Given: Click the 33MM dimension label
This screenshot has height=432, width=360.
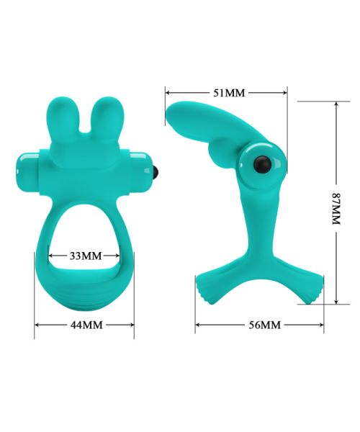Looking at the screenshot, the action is coord(86,256).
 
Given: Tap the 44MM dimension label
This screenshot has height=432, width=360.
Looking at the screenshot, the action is coord(86,325).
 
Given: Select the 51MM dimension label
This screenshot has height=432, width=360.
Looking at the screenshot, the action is coord(229,93).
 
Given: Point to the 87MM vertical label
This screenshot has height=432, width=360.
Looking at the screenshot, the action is coord(336,209).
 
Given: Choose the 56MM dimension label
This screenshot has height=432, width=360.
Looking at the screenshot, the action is coord(265,325).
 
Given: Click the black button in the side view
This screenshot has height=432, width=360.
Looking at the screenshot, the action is coord(262,164).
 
